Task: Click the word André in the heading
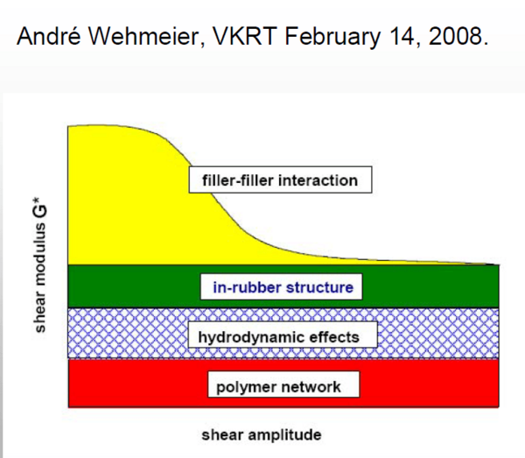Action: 48,36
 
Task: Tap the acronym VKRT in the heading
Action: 245,36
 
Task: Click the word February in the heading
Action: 332,37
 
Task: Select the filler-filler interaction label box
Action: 280,180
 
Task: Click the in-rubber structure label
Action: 281,286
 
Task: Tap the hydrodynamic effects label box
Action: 283,335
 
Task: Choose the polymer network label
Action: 283,384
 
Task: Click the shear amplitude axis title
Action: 262,435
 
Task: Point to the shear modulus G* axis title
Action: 39,265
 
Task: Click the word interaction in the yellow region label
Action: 318,180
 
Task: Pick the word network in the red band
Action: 310,387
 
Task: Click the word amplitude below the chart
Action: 285,435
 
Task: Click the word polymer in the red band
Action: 246,388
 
